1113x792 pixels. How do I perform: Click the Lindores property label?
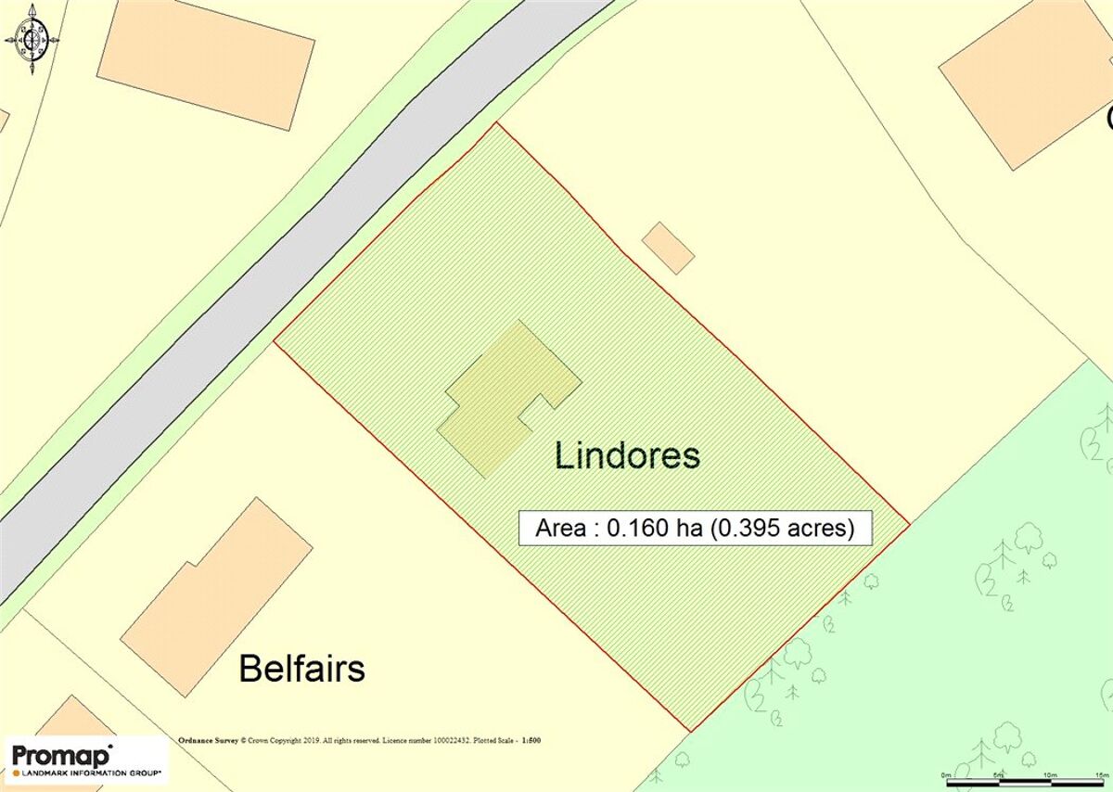click(x=627, y=456)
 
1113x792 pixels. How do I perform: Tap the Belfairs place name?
click(x=302, y=668)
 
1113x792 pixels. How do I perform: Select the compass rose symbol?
click(x=32, y=39)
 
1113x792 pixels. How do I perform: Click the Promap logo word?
click(x=61, y=754)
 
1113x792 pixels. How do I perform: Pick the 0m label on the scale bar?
click(x=946, y=774)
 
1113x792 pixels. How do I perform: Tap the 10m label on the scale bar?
click(x=1050, y=774)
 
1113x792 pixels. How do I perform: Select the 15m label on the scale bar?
click(x=1102, y=774)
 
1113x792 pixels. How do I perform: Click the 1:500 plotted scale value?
click(x=531, y=741)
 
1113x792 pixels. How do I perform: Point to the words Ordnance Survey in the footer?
click(x=208, y=741)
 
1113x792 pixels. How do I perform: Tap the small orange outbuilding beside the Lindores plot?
click(x=668, y=248)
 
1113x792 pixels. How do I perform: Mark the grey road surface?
click(x=278, y=278)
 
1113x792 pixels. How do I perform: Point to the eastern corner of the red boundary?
click(x=908, y=522)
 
